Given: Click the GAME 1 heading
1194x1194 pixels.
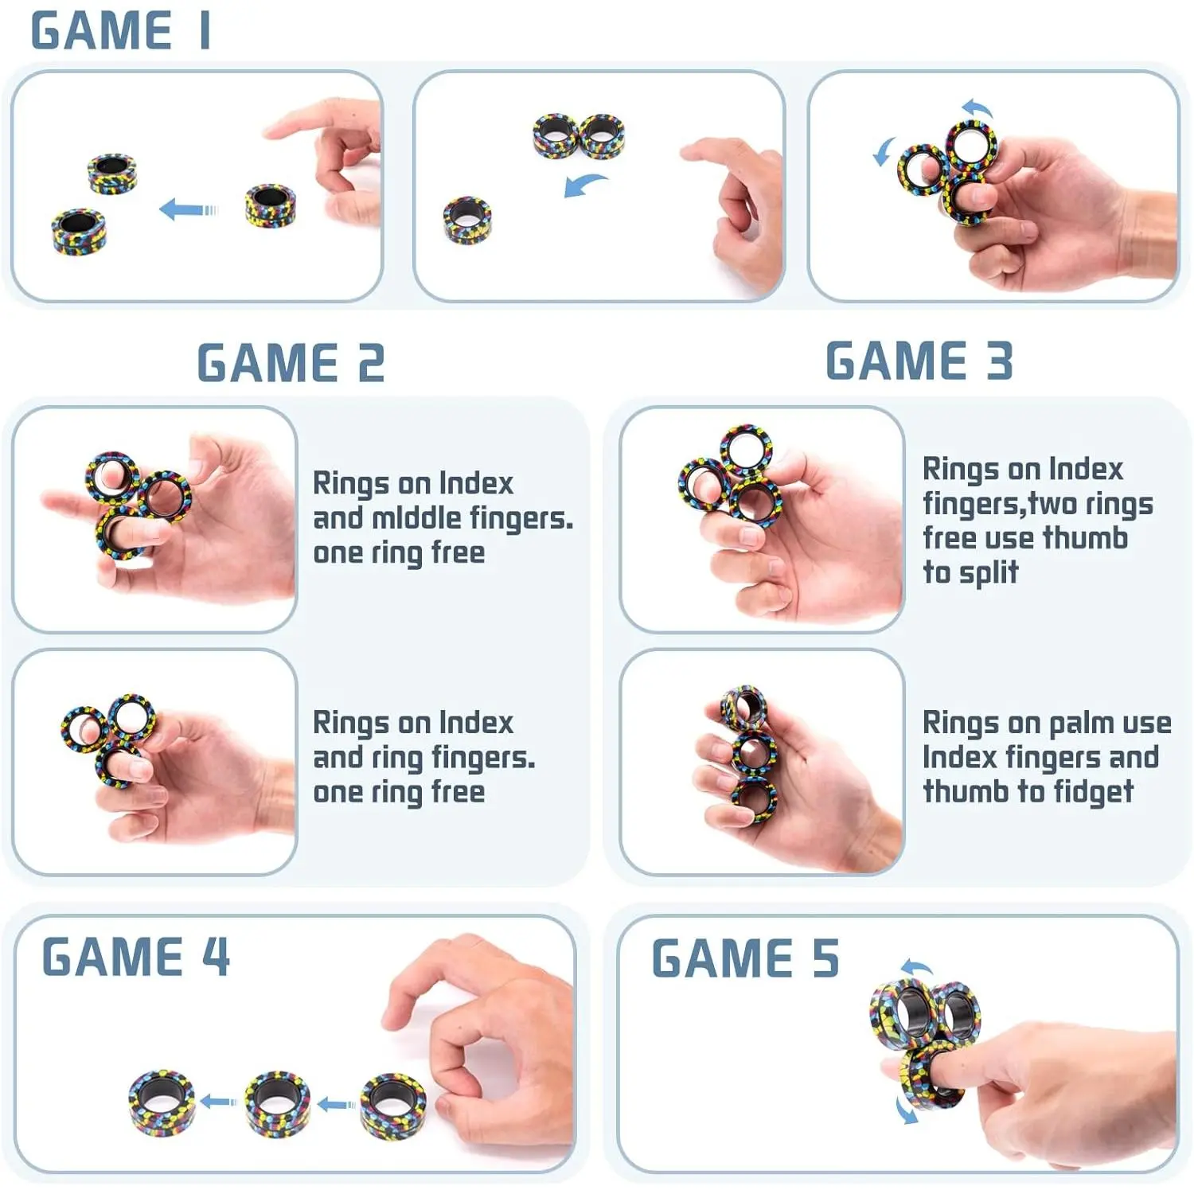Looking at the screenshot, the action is (121, 31).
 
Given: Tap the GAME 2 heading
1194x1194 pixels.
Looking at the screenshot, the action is (291, 363).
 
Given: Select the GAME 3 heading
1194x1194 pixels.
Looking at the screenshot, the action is (919, 361).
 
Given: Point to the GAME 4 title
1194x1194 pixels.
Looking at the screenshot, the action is (136, 956).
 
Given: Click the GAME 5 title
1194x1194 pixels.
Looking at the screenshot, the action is (746, 958).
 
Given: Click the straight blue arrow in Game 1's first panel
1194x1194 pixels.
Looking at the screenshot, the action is (189, 210).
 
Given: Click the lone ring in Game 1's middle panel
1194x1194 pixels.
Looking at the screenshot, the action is (467, 220).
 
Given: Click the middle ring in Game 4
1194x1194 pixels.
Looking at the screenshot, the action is (277, 1103).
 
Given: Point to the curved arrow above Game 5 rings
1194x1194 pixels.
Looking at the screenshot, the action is (916, 967).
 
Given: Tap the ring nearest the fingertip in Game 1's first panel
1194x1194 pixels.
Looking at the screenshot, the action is (271, 205).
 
